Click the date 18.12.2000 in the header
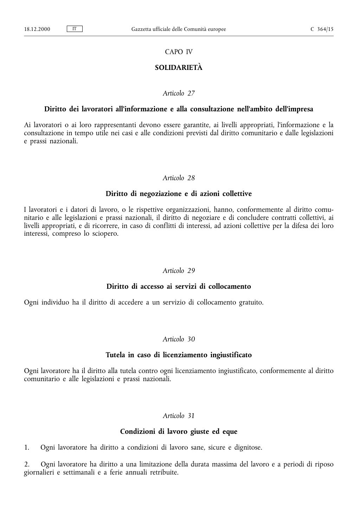[x=37, y=30]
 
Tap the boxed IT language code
[x=75, y=29]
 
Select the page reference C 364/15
[x=322, y=30]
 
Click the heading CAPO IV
[x=179, y=52]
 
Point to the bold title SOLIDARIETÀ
[x=179, y=68]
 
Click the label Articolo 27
[x=179, y=93]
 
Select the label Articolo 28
[x=179, y=178]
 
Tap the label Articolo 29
[x=179, y=271]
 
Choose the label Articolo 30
[x=179, y=339]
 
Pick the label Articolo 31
[x=179, y=416]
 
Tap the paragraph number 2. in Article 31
[x=26, y=465]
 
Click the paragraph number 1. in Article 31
[x=26, y=448]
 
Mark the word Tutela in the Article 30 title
[x=115, y=355]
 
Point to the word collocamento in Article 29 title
[x=230, y=287]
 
